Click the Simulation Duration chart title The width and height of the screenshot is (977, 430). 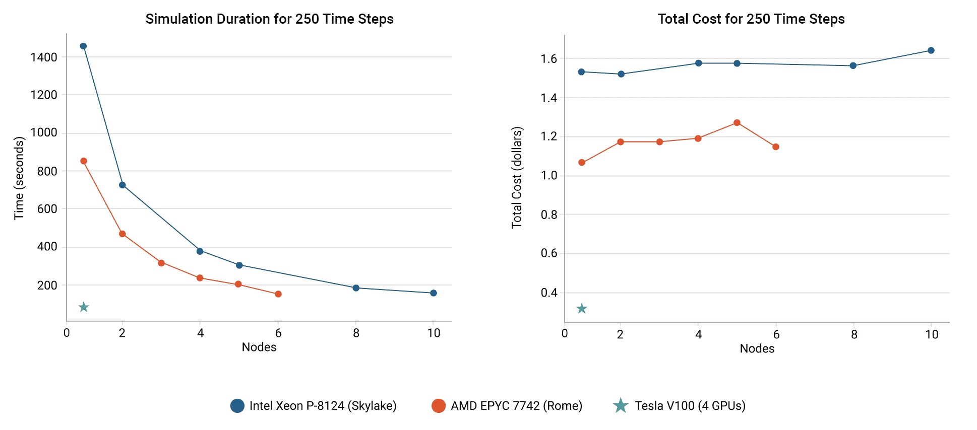coord(269,19)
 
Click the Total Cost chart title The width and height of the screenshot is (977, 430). coord(751,19)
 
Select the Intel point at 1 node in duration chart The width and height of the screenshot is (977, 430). coord(84,46)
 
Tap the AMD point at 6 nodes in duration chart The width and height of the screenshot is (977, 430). coord(278,294)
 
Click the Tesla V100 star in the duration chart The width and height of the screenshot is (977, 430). coord(84,307)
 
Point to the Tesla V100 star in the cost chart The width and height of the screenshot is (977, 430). coord(582,309)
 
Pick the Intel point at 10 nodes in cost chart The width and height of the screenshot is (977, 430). coord(931,50)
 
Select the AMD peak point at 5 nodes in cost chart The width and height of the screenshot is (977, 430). coord(737,123)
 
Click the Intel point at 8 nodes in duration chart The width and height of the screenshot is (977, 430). coord(356,288)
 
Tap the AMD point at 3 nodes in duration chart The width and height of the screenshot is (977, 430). coord(161,263)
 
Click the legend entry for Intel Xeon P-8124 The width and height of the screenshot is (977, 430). coord(314,406)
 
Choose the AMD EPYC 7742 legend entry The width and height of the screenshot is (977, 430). coord(507,406)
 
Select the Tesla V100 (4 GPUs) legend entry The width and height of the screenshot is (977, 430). coord(679,406)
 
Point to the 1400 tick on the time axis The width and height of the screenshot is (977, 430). coord(44,57)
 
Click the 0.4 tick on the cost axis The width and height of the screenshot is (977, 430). coord(549,293)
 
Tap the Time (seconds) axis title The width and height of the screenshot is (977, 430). coord(19,178)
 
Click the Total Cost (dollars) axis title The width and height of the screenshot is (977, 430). coord(517,178)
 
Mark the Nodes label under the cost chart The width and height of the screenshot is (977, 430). coord(757,348)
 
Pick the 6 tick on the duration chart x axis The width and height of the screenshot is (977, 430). coord(278,333)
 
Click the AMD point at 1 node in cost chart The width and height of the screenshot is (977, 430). coord(582,163)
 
